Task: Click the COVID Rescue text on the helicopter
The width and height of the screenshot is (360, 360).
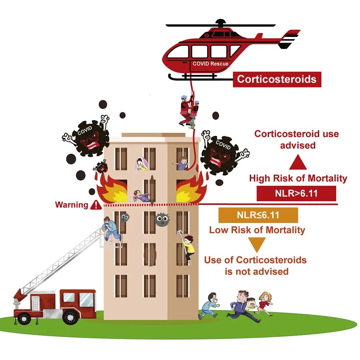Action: coord(210,64)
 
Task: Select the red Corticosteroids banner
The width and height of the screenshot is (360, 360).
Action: coord(277,79)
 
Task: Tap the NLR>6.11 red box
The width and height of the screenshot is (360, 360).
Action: coord(296,193)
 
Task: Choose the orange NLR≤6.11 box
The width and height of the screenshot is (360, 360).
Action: coord(258,215)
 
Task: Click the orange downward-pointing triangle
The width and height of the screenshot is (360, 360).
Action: coord(258,245)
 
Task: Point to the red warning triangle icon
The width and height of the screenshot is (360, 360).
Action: coord(96,205)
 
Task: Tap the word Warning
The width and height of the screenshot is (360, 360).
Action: coord(72,205)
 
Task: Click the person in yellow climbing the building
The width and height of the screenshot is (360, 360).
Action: coord(188,247)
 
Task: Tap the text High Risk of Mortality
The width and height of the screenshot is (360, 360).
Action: coord(298,178)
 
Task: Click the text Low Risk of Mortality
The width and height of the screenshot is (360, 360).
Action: coord(257,230)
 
